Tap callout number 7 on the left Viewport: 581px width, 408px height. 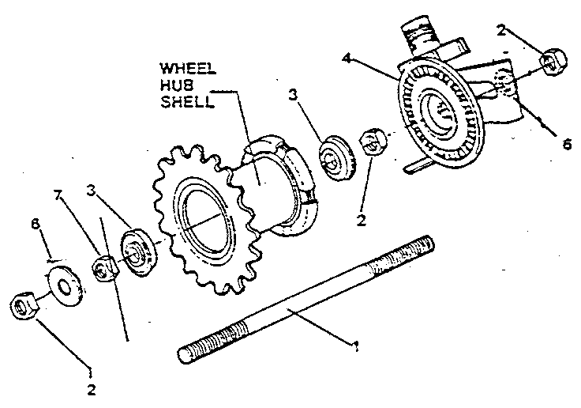pos(57,195)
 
